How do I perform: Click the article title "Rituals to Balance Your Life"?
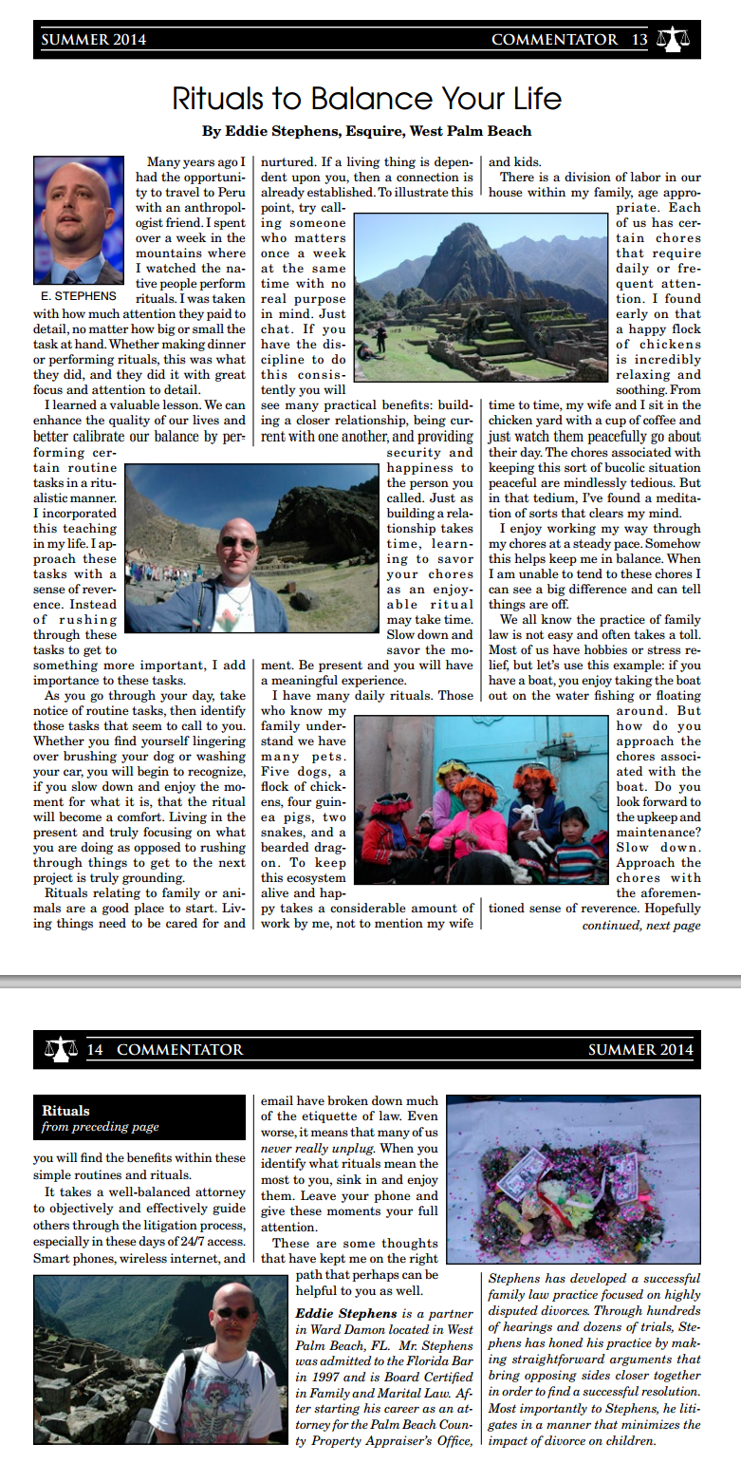pyautogui.click(x=366, y=99)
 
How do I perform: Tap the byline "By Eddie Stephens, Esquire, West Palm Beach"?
pyautogui.click(x=366, y=131)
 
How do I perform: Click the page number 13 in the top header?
pyautogui.click(x=639, y=40)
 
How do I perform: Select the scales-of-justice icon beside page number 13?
pyautogui.click(x=674, y=40)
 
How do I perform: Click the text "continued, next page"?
pyautogui.click(x=640, y=926)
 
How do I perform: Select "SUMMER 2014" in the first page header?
pyautogui.click(x=94, y=40)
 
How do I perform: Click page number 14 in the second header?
pyautogui.click(x=95, y=1049)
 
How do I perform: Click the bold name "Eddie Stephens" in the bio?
pyautogui.click(x=344, y=1314)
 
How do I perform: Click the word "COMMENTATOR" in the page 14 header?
pyautogui.click(x=180, y=1049)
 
